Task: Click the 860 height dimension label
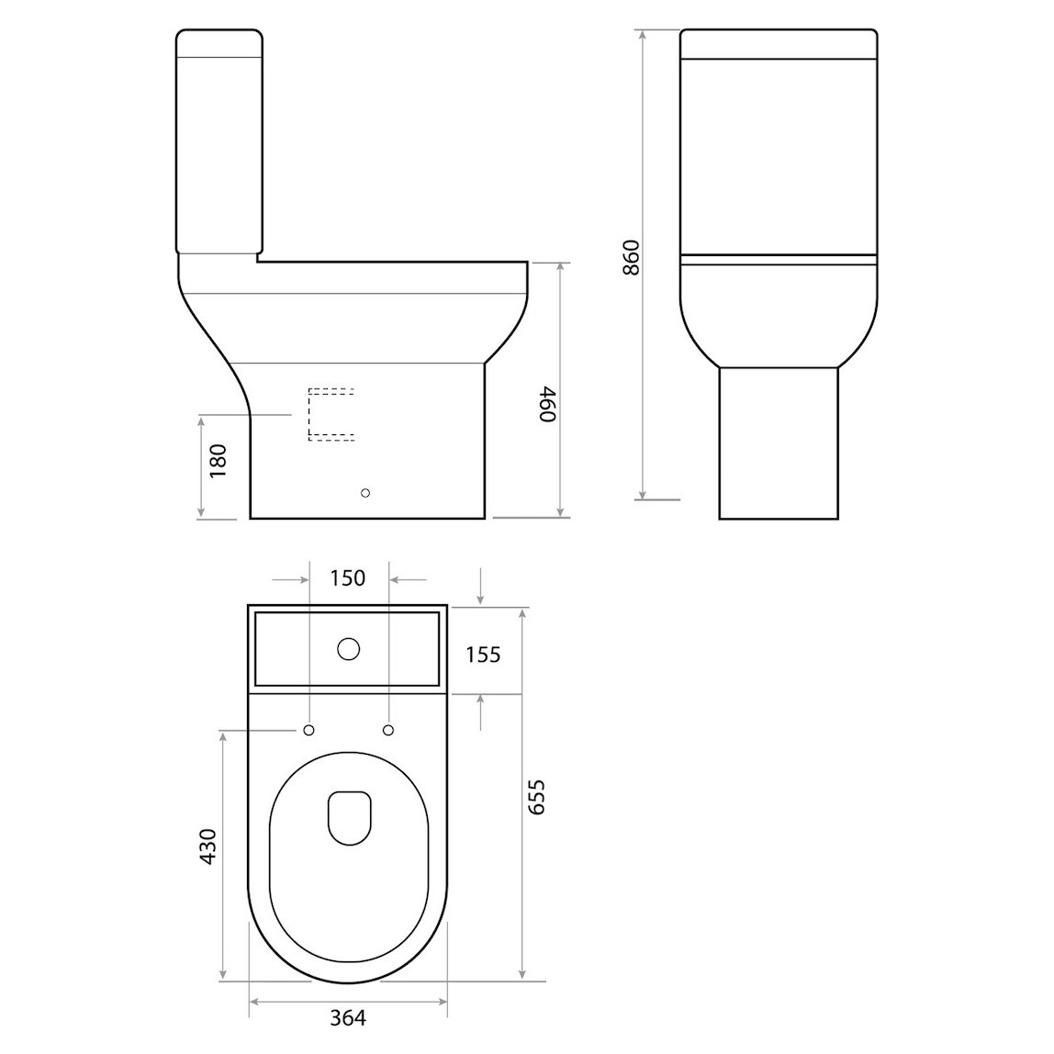(x=630, y=259)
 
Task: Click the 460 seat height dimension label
(x=547, y=404)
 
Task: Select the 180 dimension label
(x=218, y=462)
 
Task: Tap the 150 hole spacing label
(x=347, y=577)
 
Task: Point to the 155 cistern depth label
(x=483, y=654)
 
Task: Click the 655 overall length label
(x=538, y=797)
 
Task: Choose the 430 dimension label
(x=207, y=846)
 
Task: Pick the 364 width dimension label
(x=347, y=1016)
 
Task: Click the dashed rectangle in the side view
(x=331, y=415)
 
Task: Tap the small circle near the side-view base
(x=366, y=494)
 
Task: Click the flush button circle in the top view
(x=348, y=649)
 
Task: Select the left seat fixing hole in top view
(x=308, y=730)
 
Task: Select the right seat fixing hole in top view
(x=387, y=730)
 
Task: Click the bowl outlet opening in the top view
(x=349, y=816)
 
